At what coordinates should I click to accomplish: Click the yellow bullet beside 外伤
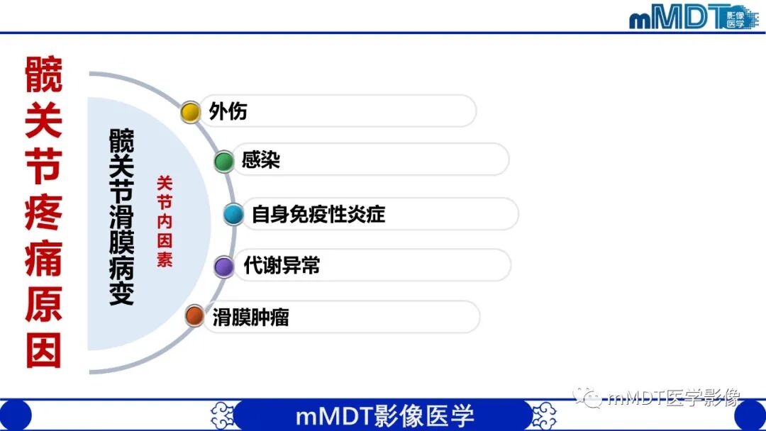190,112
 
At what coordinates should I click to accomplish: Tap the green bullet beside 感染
224,162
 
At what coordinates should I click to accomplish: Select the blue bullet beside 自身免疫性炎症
233,214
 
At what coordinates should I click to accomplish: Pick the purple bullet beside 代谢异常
224,267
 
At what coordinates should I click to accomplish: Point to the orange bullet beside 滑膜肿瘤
194,316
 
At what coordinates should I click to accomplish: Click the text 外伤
228,112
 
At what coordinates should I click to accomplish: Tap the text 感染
261,160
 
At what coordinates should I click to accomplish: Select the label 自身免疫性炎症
318,214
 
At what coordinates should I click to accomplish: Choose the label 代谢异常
282,266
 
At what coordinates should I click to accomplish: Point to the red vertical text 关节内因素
165,221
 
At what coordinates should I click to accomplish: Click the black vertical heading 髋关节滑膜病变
121,216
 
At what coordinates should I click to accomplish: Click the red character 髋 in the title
43,75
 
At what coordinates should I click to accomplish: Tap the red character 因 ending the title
43,350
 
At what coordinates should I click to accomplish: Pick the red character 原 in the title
43,305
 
